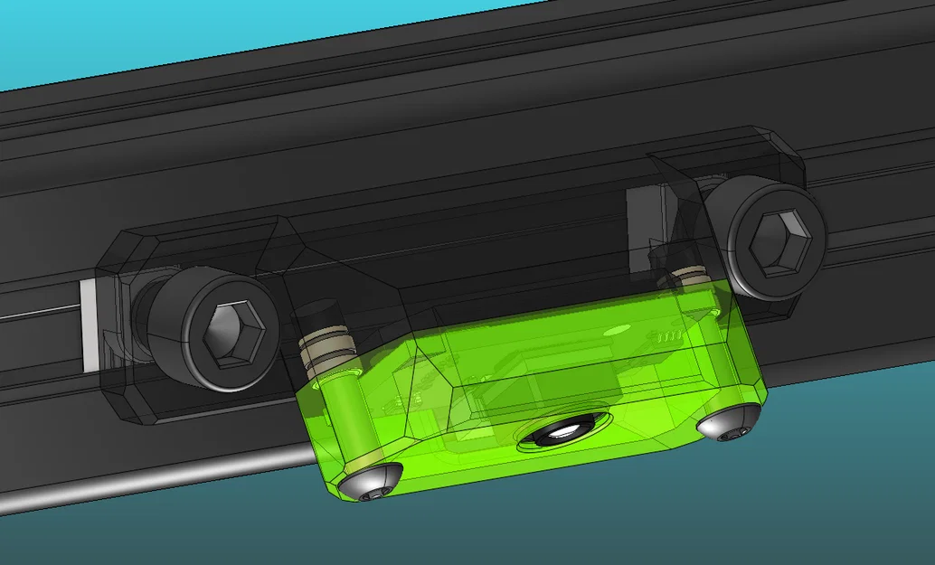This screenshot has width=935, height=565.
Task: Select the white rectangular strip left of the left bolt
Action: click(88, 325)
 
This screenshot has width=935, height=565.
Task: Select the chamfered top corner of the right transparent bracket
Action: click(783, 145)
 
